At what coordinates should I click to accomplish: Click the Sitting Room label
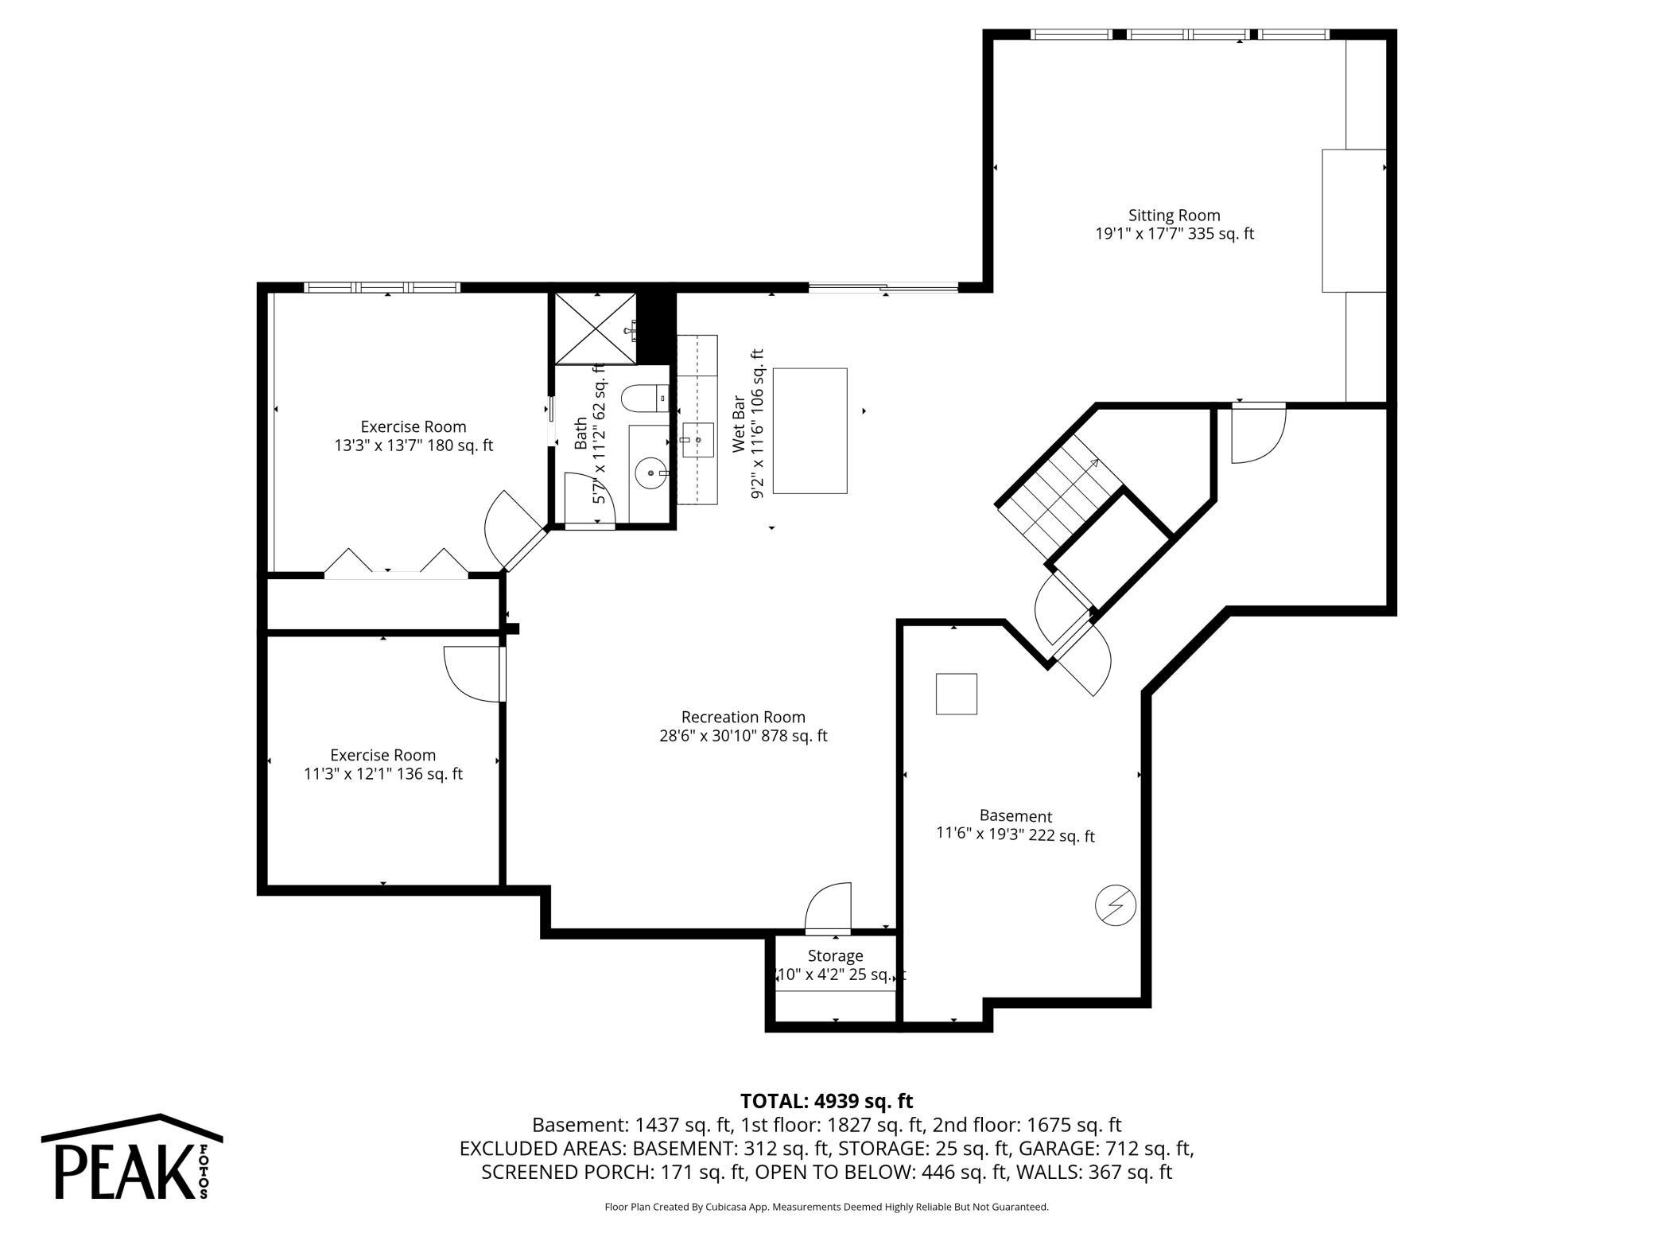tap(1174, 216)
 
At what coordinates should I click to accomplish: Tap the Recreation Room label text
tap(743, 718)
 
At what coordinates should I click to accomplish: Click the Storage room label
tap(835, 955)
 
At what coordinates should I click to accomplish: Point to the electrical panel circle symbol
tap(1115, 904)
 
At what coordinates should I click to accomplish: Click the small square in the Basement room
tap(956, 694)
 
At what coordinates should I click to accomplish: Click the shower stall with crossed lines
tap(595, 329)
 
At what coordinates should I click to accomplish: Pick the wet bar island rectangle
tap(810, 430)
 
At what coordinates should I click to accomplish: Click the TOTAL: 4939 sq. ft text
tap(826, 1101)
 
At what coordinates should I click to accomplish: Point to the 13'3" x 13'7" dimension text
tap(413, 445)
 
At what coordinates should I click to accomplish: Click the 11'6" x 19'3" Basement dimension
tap(1015, 835)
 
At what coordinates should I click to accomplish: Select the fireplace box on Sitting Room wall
tap(1353, 220)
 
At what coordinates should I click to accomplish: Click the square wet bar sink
tap(697, 440)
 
